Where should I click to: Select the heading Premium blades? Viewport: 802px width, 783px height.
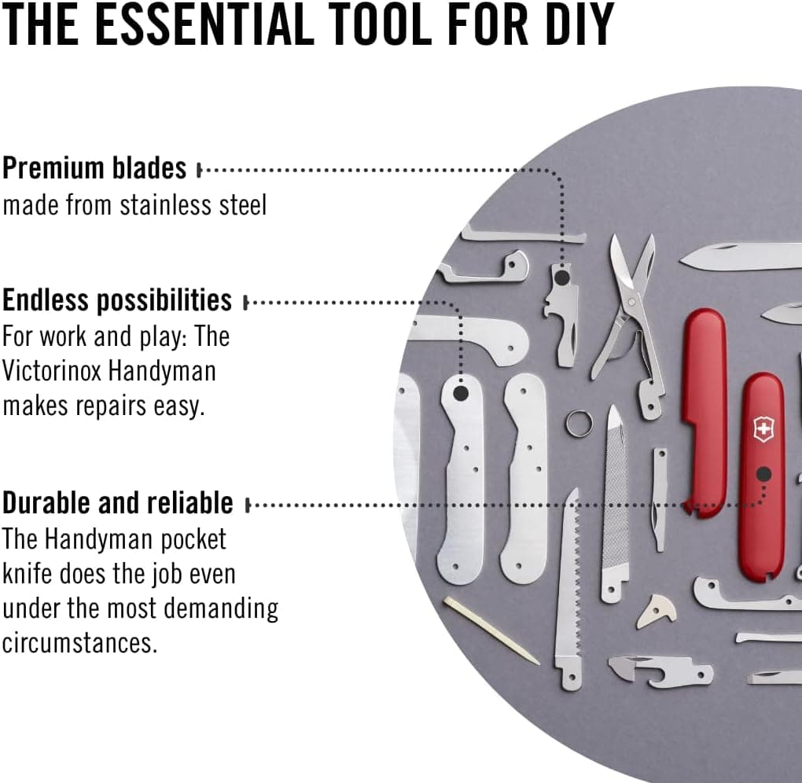point(94,167)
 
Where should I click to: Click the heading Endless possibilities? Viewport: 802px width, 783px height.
point(117,300)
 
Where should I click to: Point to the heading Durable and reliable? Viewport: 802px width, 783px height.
point(118,502)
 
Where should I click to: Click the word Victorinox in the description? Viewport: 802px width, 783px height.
point(52,371)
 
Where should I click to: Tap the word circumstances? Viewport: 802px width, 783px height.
point(79,642)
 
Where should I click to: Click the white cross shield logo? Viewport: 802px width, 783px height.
point(763,428)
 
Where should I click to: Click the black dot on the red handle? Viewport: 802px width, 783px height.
point(763,475)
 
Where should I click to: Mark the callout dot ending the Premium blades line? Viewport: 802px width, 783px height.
point(562,278)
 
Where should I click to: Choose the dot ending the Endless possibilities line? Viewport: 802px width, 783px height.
point(461,393)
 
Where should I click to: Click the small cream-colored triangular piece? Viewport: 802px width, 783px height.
point(657,611)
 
